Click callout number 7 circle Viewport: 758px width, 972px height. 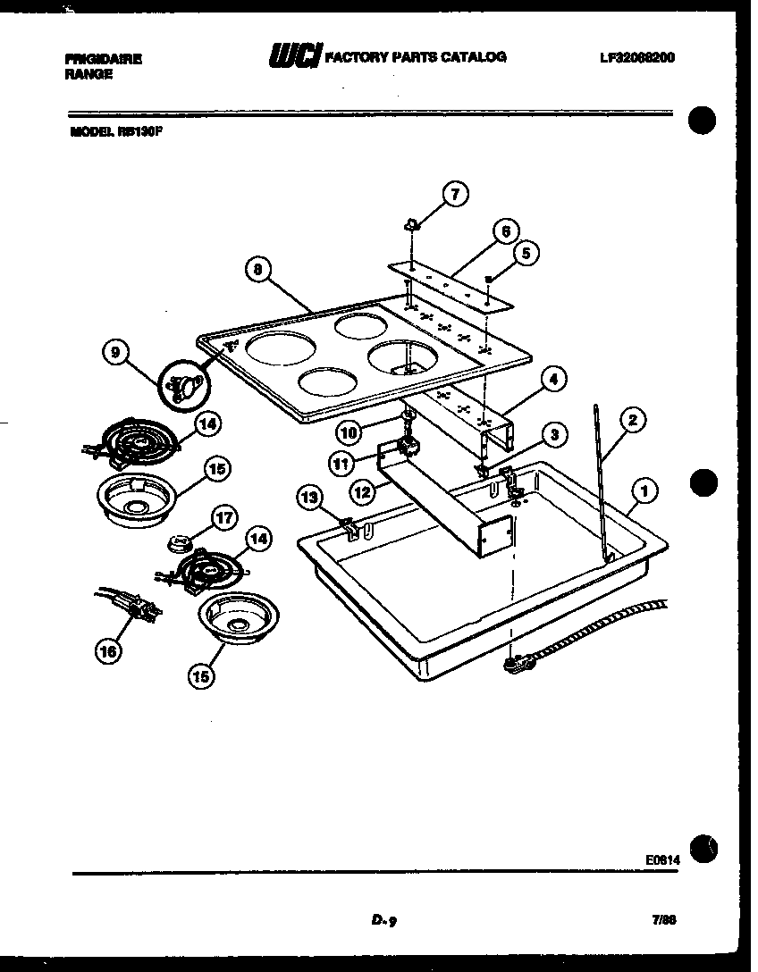coord(455,193)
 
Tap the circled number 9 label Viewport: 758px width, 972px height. coord(115,353)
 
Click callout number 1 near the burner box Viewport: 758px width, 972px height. coord(644,489)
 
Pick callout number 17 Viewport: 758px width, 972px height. coord(223,517)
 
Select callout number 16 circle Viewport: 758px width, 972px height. coord(108,651)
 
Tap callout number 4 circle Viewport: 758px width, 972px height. coord(553,380)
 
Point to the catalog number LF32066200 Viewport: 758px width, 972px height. coord(637,57)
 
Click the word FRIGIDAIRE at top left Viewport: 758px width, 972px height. coord(103,59)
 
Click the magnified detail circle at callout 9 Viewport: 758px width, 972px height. coord(183,386)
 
